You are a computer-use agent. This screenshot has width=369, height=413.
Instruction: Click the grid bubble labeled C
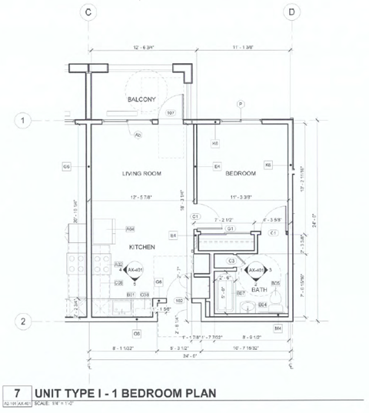tap(89, 12)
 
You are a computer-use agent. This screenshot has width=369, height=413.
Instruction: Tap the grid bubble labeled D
tap(292, 12)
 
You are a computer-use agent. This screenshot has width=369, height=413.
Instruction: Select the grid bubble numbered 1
tap(25, 121)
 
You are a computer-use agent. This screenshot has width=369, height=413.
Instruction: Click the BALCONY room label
tap(141, 99)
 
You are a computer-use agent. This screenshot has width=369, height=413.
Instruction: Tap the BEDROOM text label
tap(240, 174)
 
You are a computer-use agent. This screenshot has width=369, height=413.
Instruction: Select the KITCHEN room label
tap(142, 247)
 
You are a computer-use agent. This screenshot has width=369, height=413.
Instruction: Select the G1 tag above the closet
tap(229, 228)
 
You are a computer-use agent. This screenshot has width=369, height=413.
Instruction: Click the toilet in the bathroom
tap(248, 308)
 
